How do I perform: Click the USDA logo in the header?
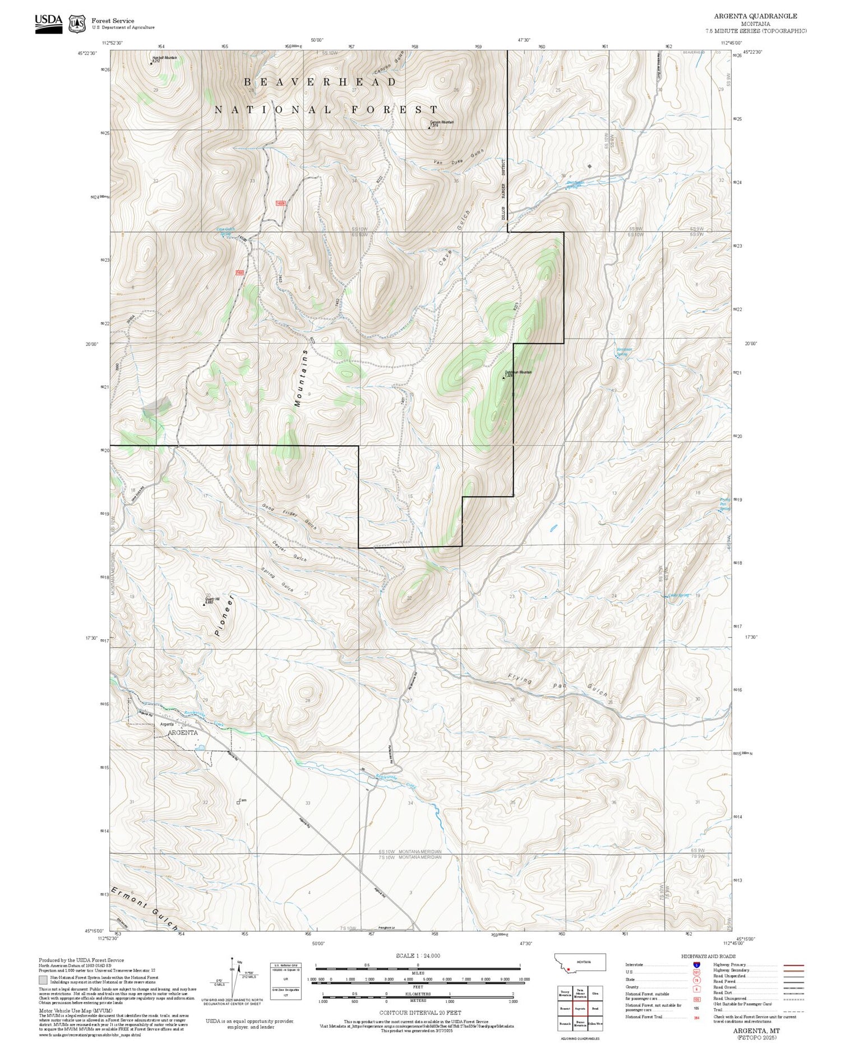pyautogui.click(x=49, y=23)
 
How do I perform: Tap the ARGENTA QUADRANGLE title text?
pyautogui.click(x=755, y=16)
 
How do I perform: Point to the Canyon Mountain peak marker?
pyautogui.click(x=429, y=128)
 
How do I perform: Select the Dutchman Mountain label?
pyautogui.click(x=518, y=372)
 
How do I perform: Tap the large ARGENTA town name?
pyautogui.click(x=182, y=732)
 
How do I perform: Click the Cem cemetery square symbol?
pyautogui.click(x=238, y=802)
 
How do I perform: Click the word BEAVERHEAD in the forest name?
pyautogui.click(x=320, y=82)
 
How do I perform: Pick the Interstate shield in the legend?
pyautogui.click(x=696, y=965)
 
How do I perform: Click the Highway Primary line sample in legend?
pyautogui.click(x=790, y=966)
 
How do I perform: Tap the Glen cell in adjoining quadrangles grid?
pyautogui.click(x=595, y=994)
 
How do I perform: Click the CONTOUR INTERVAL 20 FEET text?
pyautogui.click(x=420, y=1013)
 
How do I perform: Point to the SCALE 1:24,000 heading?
pyautogui.click(x=418, y=955)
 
